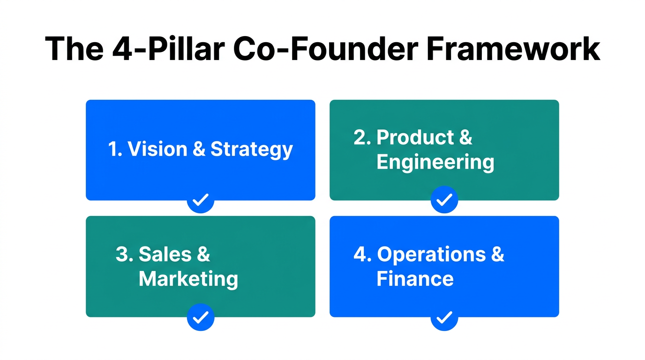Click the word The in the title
pyautogui.click(x=74, y=48)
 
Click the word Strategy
pyautogui.click(x=252, y=150)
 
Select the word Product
pyautogui.click(x=416, y=137)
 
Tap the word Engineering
pyautogui.click(x=435, y=163)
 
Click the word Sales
pyautogui.click(x=165, y=254)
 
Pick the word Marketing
pyautogui.click(x=188, y=279)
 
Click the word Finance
pyautogui.click(x=415, y=279)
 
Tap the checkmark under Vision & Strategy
pyautogui.click(x=201, y=200)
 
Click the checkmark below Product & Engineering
pyautogui.click(x=444, y=200)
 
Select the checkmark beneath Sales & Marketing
pyautogui.click(x=201, y=317)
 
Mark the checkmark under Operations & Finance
pyautogui.click(x=444, y=317)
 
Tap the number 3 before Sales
pyautogui.click(x=122, y=254)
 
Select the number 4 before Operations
pyautogui.click(x=360, y=255)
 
